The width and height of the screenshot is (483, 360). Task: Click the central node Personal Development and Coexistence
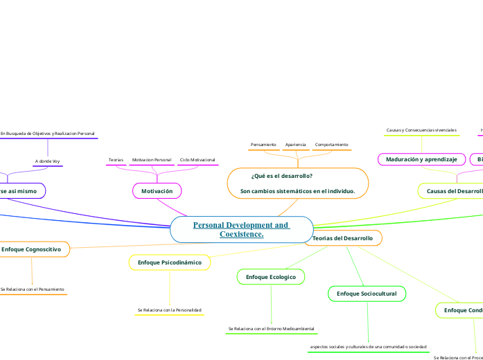pos(240,230)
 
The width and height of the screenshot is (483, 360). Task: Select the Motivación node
pos(157,190)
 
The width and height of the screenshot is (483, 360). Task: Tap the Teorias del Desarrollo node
pos(343,238)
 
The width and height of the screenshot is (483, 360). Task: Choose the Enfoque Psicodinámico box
pos(170,262)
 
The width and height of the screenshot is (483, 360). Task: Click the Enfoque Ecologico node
pos(271,277)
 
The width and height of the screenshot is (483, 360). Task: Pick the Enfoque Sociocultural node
pos(367,294)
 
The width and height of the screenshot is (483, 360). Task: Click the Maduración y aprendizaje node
pos(421,159)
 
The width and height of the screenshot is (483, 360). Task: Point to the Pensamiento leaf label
pos(263,145)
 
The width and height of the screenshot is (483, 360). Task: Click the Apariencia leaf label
pos(295,145)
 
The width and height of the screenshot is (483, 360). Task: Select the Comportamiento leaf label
pos(331,145)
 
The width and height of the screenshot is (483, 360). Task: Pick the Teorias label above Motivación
pos(116,160)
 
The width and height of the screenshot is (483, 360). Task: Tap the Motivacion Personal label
pos(151,160)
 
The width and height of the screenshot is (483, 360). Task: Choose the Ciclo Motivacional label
pos(197,160)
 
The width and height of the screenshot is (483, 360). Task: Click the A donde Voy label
pos(47,161)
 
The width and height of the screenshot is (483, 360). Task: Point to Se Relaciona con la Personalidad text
pos(170,309)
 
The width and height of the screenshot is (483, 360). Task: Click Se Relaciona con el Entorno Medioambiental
pos(271,328)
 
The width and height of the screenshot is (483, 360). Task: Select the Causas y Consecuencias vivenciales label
pos(421,130)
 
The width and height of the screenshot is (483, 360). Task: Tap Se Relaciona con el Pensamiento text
pos(33,289)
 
